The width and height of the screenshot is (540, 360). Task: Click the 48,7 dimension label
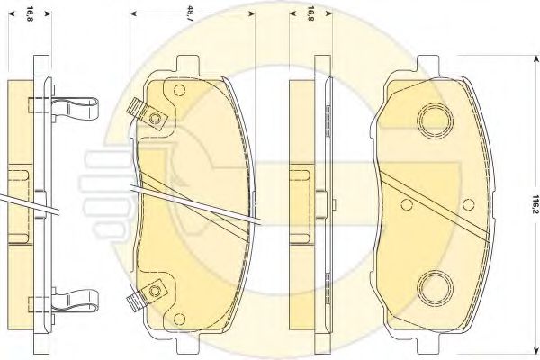(191, 13)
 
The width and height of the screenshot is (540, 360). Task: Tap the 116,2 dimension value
(535, 204)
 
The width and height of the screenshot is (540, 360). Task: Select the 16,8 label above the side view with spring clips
(30, 13)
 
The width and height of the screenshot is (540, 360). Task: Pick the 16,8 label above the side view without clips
(310, 13)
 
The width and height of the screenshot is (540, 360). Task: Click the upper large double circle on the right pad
(435, 121)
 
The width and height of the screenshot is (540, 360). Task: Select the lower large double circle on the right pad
(435, 287)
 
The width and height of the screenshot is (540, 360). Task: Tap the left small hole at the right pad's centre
(407, 204)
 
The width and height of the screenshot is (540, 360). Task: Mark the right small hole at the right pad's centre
(468, 204)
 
